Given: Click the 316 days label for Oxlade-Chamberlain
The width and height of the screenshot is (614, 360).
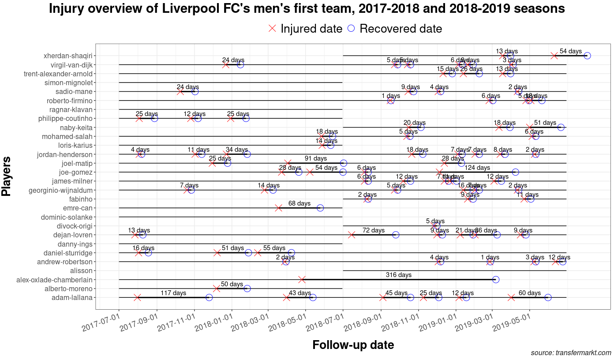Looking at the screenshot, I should (398, 275).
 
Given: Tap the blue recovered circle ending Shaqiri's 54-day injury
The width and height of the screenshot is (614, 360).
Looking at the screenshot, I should (587, 56).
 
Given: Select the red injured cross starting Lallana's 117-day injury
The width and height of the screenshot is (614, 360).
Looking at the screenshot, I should (137, 297).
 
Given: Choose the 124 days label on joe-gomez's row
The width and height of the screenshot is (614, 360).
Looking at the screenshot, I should (477, 168).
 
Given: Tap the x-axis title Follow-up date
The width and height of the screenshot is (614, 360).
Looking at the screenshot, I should (353, 345).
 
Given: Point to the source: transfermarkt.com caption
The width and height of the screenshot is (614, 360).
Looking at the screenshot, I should (571, 353).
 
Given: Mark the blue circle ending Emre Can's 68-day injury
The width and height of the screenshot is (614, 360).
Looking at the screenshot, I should (320, 208).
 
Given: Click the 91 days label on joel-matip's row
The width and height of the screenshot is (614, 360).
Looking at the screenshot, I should (316, 158).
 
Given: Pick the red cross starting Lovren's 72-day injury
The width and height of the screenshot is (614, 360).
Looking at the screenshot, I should (352, 235).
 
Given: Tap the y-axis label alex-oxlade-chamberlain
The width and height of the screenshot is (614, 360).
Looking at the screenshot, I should (54, 280).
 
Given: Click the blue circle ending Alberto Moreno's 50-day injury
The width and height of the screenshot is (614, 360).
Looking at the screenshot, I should (247, 289).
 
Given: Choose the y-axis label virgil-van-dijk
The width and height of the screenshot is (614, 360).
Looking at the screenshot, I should (68, 65).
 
